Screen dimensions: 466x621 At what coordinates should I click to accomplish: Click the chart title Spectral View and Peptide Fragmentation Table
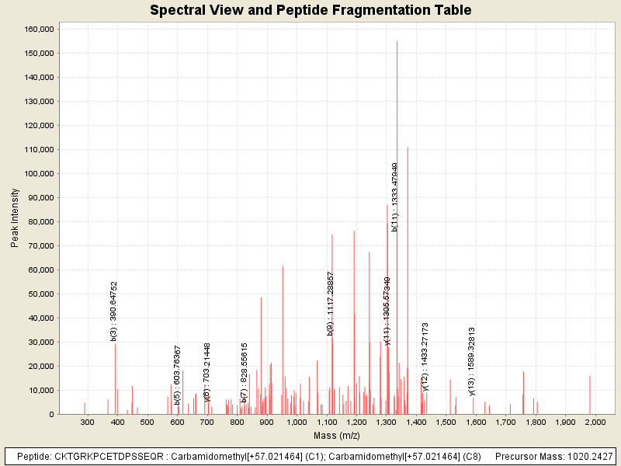(x=310, y=10)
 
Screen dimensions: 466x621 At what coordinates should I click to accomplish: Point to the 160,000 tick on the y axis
(x=39, y=29)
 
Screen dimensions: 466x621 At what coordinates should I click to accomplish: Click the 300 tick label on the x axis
(x=87, y=422)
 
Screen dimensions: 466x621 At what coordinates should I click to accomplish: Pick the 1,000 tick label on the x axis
(x=296, y=422)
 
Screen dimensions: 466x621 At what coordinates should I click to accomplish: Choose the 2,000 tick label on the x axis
(x=595, y=422)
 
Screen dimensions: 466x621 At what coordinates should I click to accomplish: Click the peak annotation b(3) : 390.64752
(x=114, y=311)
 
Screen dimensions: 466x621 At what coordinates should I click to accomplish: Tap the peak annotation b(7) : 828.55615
(x=244, y=372)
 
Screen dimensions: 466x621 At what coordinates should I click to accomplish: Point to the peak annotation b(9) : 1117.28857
(x=331, y=304)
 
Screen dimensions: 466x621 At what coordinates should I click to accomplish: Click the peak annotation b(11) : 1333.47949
(x=395, y=196)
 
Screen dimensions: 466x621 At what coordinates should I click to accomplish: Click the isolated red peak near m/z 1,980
(x=590, y=395)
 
